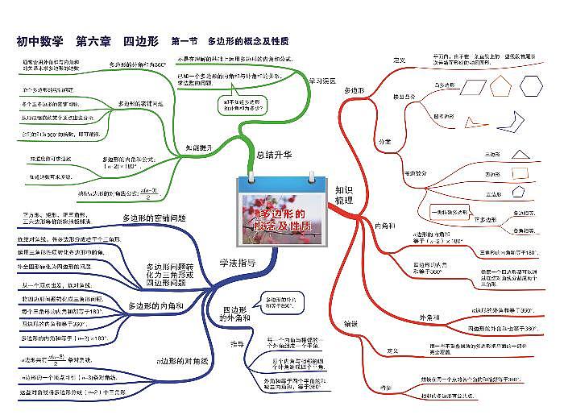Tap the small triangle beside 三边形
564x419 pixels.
(x=520, y=155)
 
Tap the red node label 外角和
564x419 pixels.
(x=431, y=318)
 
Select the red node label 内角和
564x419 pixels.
(x=385, y=225)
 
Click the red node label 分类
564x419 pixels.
(x=385, y=142)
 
